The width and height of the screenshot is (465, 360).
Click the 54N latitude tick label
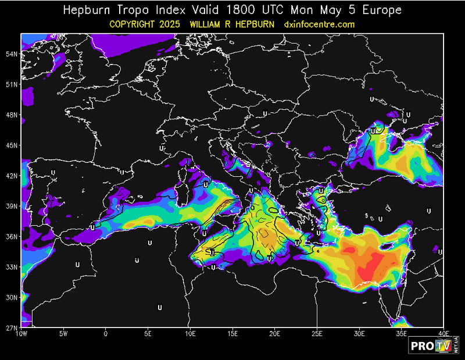12,54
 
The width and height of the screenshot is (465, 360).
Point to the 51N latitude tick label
12,84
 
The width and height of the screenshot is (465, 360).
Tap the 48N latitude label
12,115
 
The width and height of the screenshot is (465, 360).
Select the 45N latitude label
12,145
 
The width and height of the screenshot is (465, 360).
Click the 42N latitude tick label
12,176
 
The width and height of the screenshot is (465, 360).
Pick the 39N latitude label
12,206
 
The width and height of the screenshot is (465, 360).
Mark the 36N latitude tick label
12,236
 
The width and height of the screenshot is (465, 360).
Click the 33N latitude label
12,267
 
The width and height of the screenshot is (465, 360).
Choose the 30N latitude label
12,297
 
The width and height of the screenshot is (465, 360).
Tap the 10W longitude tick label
22,334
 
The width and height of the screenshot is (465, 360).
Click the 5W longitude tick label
64,334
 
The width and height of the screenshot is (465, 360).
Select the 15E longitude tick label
233,334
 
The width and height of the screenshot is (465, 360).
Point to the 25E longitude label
317,334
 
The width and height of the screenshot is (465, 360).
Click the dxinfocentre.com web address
319,24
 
